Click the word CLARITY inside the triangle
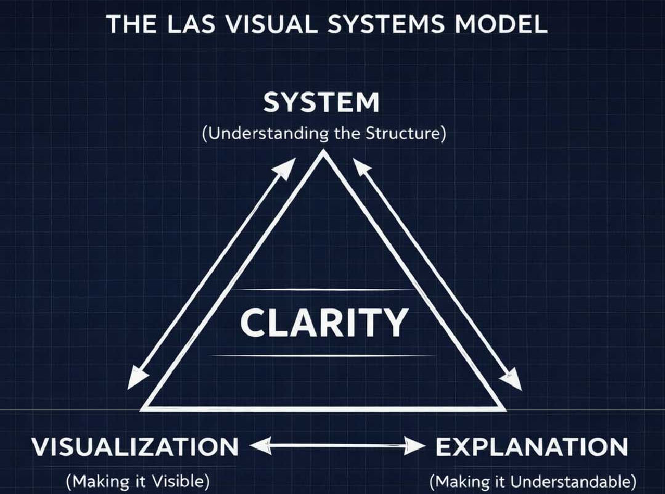click(324, 323)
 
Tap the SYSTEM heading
click(321, 103)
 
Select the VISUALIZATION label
click(135, 447)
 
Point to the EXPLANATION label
click(531, 447)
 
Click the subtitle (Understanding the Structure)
click(323, 134)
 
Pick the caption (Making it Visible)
click(138, 480)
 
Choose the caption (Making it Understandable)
click(533, 480)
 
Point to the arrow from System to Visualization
click(212, 273)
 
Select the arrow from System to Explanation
click(438, 273)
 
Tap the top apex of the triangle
click(324, 155)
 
